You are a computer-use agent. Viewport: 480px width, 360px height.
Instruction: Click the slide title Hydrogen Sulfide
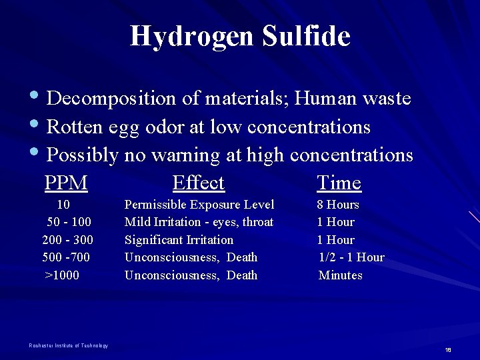[240, 36]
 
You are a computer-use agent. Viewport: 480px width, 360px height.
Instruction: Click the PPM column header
[66, 183]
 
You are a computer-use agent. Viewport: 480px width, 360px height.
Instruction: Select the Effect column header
[198, 183]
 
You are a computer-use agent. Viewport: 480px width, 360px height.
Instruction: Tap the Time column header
[339, 183]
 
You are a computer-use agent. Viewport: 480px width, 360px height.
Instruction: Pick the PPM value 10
[63, 205]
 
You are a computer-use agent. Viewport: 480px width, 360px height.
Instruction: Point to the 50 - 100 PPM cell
[69, 222]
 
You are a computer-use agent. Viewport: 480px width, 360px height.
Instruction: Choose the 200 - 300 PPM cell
[67, 240]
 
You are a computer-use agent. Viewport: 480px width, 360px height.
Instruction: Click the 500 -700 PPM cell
[66, 257]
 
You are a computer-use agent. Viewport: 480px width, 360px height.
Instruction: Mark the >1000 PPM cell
[62, 275]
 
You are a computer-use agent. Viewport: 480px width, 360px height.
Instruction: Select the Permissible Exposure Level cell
[199, 205]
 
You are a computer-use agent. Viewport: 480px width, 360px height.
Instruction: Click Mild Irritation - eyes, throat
[199, 222]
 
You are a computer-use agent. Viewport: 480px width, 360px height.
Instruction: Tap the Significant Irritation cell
[179, 240]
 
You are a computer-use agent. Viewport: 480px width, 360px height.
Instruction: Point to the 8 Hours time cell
[338, 205]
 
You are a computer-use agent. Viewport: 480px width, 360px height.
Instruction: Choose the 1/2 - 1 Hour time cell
[351, 257]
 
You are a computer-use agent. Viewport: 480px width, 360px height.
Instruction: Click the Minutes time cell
[341, 275]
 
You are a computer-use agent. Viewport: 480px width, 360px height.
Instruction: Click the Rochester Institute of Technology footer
[69, 345]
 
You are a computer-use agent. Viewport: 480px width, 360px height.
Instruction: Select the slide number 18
[448, 350]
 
